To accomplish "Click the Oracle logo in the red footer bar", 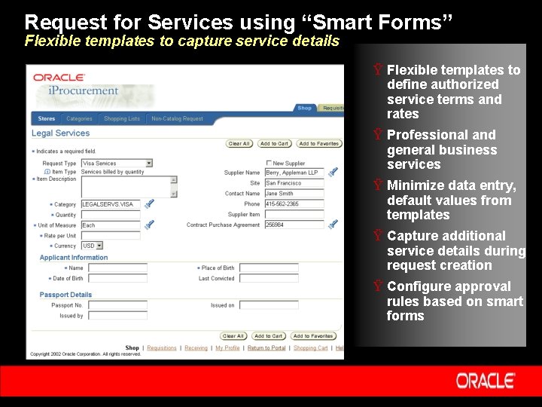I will [486, 381].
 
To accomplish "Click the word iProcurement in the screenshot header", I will [84, 91].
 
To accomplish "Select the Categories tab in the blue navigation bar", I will [79, 118].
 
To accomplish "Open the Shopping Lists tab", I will [121, 118].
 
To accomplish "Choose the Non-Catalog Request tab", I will [177, 118].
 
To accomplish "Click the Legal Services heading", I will [60, 133].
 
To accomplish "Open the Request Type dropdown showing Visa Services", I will [117, 163].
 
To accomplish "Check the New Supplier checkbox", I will [269, 163].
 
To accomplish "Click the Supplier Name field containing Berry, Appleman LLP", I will [294, 173].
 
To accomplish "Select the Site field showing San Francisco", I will [294, 183].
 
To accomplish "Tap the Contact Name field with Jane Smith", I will [294, 194].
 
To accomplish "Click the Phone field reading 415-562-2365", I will [294, 204].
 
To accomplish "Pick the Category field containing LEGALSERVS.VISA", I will [110, 204].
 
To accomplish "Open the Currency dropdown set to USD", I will [92, 246].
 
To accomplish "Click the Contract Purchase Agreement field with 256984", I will [294, 225].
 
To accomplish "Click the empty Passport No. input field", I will [117, 305].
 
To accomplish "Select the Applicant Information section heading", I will [74, 258].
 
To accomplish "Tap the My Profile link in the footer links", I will [227, 348].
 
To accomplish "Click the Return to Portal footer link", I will [266, 348].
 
